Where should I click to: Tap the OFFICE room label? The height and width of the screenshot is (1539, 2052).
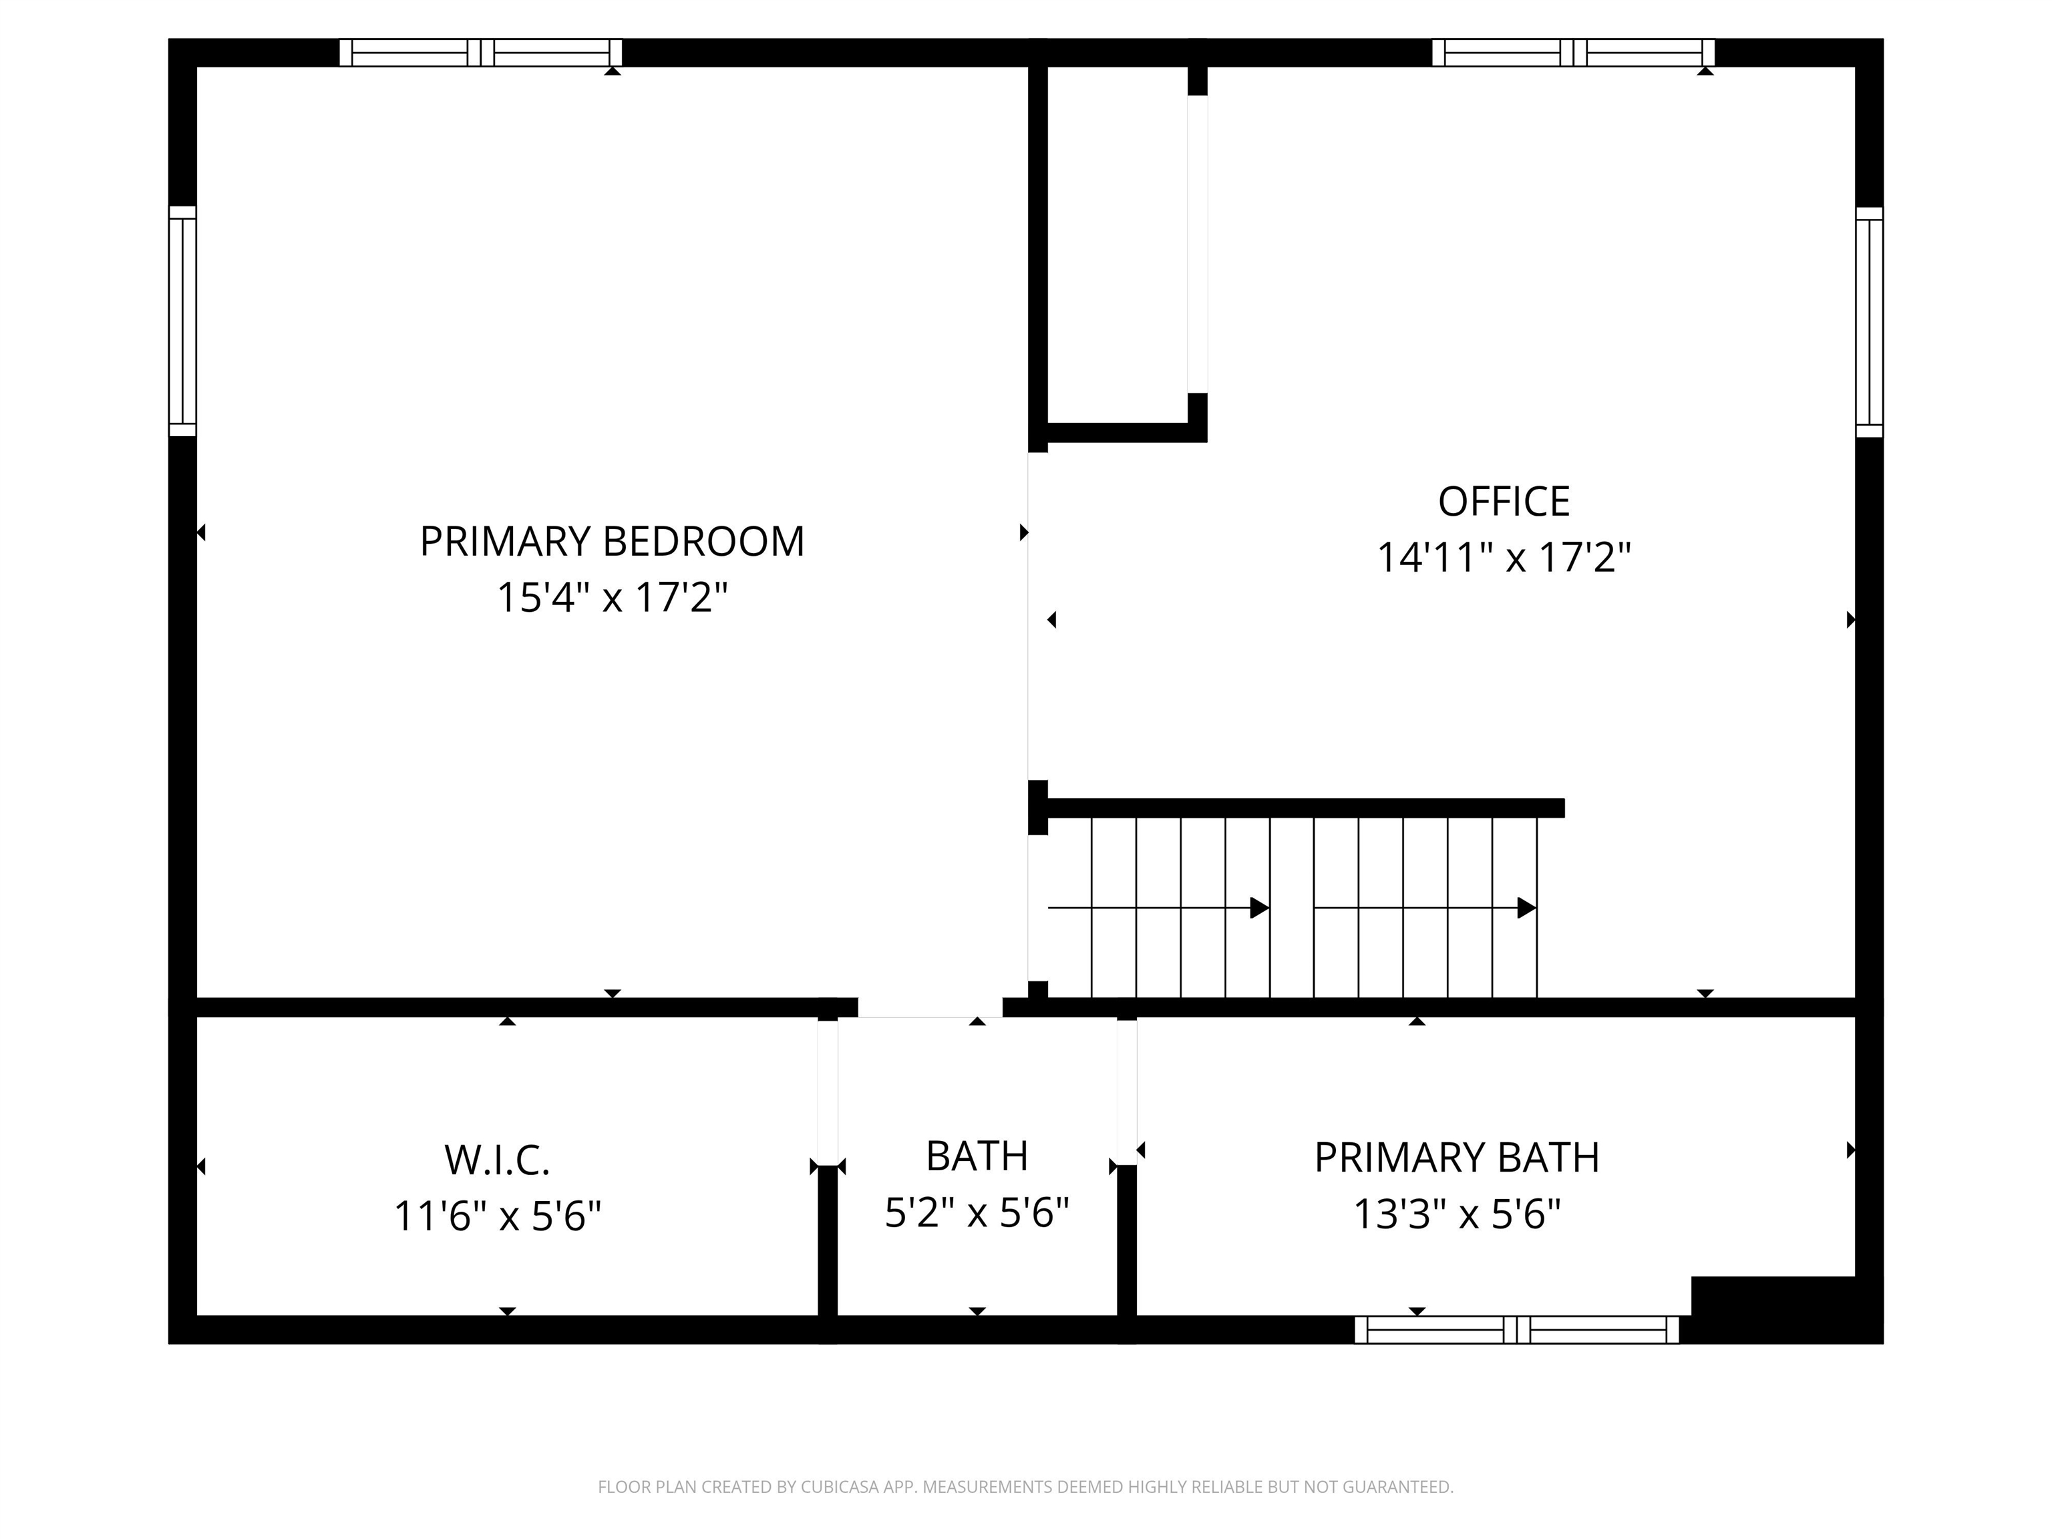coord(1503,502)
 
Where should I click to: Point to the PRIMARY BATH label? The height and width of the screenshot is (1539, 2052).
coord(1456,1158)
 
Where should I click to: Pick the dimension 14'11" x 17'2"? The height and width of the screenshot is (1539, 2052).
coord(1503,558)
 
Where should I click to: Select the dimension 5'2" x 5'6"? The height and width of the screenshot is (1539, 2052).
coord(977,1212)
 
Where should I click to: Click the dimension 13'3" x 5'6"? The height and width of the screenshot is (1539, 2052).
coord(1456,1214)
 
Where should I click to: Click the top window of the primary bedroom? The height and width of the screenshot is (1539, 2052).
coord(480,53)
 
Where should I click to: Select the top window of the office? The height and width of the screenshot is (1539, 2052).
coord(1572,53)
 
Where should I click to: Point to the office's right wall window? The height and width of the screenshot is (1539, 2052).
coord(1869,322)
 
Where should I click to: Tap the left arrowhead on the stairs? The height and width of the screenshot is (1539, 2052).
coord(1259,907)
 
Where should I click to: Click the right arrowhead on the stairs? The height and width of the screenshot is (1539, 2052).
coord(1525,907)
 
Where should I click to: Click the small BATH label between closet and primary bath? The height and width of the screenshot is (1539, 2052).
coord(977,1156)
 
